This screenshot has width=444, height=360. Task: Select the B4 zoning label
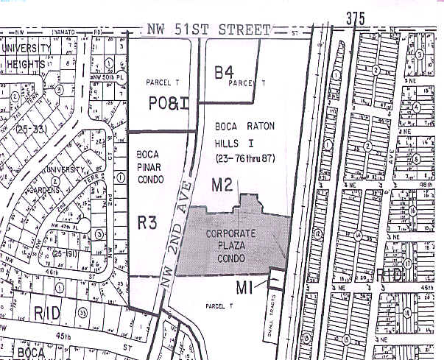[x=224, y=73]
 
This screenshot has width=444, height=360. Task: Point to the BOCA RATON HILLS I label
[x=245, y=133]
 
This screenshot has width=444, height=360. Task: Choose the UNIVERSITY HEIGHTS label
[x=27, y=56]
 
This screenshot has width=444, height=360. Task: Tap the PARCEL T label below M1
[x=219, y=305]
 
